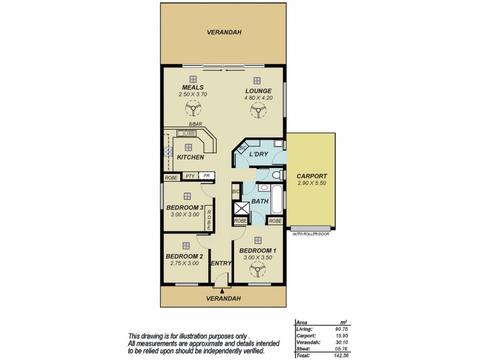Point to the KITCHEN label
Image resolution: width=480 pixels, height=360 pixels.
click(190, 158)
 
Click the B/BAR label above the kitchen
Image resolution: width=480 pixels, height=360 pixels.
click(195, 125)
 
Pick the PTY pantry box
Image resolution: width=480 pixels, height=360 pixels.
click(190, 176)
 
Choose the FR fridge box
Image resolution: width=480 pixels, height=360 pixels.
click(206, 176)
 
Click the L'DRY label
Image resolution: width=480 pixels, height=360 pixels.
click(257, 155)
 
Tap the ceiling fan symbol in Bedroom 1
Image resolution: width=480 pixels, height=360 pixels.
click(258, 271)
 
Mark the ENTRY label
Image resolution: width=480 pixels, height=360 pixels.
click(220, 263)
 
